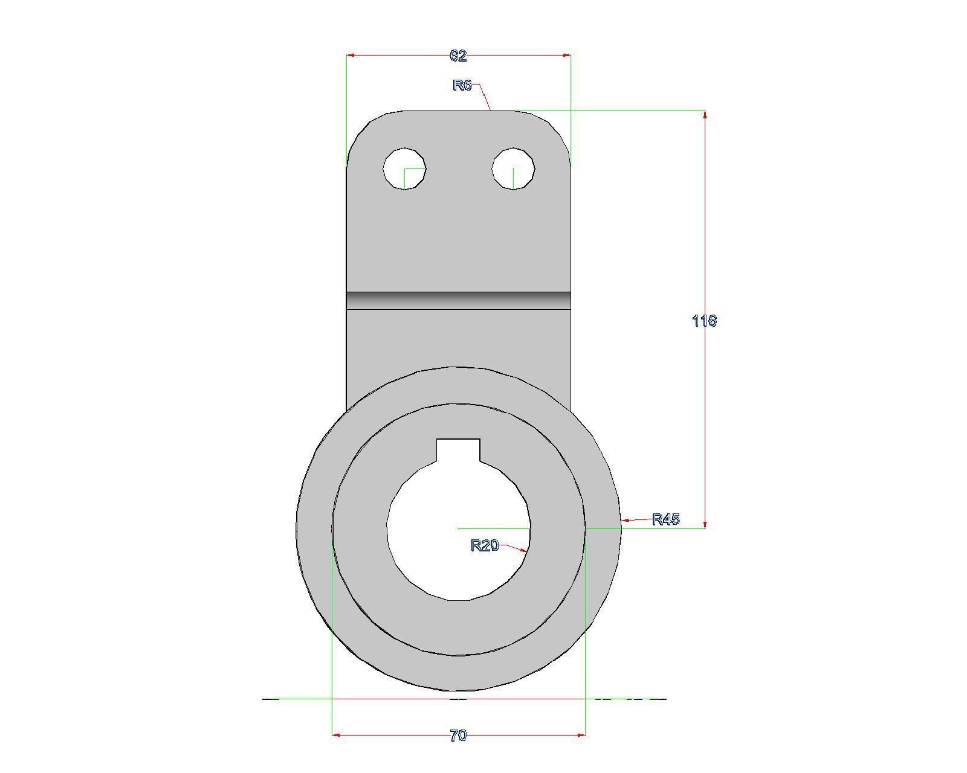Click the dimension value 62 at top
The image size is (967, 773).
(x=458, y=56)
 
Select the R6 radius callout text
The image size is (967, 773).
(x=462, y=85)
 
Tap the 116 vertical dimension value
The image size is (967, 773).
(x=704, y=321)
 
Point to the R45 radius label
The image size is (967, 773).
(x=666, y=519)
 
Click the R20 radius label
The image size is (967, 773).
(x=484, y=546)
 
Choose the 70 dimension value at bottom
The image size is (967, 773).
(x=458, y=736)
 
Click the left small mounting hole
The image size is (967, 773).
(x=404, y=168)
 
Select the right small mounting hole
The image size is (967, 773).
(x=513, y=168)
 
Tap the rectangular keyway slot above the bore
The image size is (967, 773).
(x=458, y=450)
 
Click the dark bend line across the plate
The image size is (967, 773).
(x=458, y=300)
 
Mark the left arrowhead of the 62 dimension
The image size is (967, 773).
(x=351, y=56)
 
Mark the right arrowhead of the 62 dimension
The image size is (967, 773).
(x=566, y=56)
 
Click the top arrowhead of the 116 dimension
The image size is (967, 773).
(x=705, y=115)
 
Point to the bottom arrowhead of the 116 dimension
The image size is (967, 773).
(x=705, y=524)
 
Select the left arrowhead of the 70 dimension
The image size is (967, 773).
(x=337, y=735)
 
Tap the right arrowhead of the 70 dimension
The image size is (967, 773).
(x=581, y=735)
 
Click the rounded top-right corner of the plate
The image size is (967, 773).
(x=555, y=130)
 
